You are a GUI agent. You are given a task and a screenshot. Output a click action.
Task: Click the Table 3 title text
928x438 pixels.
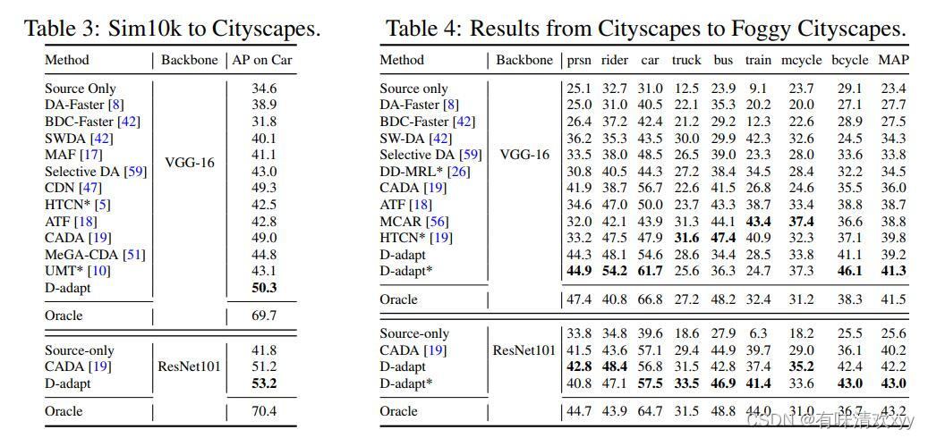click(x=172, y=28)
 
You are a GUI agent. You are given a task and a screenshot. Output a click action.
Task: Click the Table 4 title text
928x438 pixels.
click(x=645, y=28)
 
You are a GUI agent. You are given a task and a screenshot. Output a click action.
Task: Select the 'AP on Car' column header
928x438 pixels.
click(x=263, y=61)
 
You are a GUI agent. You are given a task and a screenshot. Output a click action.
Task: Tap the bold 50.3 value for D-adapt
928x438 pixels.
click(x=264, y=288)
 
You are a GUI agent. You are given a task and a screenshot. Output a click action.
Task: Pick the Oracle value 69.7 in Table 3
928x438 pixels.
click(x=264, y=316)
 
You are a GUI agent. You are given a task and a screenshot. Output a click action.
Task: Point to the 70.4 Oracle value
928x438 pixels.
click(x=264, y=411)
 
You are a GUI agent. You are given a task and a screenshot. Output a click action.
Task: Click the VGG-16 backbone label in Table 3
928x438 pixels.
click(x=190, y=163)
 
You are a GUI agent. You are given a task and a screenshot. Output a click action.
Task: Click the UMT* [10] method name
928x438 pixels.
click(x=78, y=271)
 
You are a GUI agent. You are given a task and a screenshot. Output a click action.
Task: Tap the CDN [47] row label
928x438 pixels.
click(x=72, y=188)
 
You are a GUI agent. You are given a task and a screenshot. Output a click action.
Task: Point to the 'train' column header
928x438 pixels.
click(x=758, y=61)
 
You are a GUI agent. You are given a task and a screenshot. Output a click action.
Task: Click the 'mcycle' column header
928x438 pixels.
click(x=802, y=61)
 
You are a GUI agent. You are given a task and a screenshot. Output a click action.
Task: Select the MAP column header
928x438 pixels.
click(x=893, y=61)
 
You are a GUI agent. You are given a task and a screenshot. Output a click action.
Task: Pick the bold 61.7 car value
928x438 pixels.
click(x=651, y=271)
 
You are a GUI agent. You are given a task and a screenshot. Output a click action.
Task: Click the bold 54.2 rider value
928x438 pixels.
click(x=615, y=271)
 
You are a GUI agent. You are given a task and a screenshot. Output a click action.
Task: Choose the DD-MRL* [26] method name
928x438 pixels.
click(x=424, y=171)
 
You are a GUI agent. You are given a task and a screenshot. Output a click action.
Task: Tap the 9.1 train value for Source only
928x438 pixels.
click(x=758, y=88)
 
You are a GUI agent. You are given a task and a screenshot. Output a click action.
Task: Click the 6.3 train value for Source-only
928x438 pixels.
click(x=758, y=333)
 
